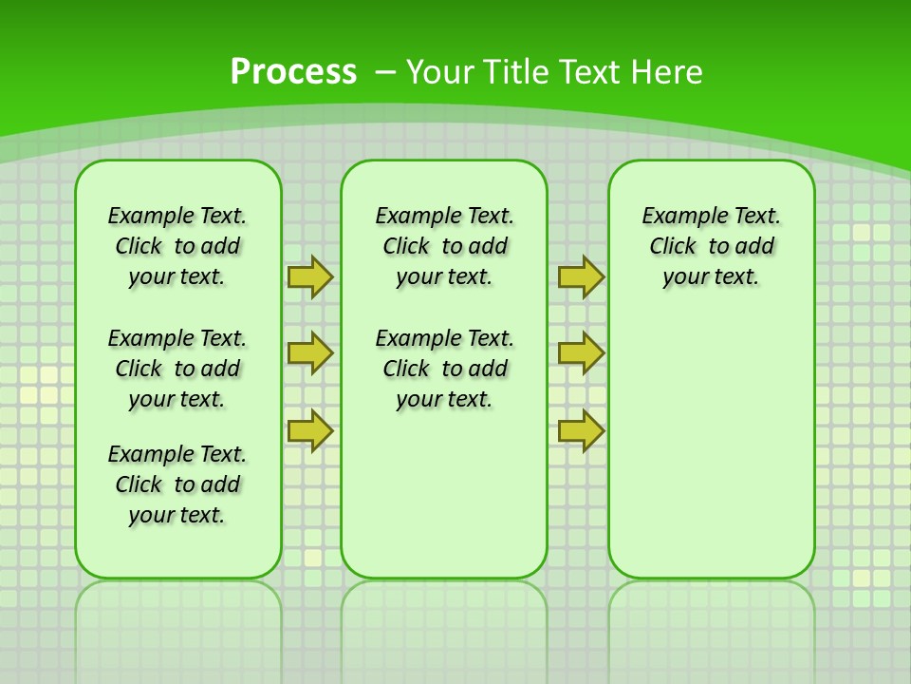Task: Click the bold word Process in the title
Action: click(293, 72)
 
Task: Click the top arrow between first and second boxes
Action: click(309, 276)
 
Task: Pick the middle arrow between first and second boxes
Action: click(309, 353)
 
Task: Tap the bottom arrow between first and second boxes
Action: click(309, 430)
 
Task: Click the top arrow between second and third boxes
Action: click(581, 276)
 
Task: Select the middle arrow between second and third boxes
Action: click(581, 353)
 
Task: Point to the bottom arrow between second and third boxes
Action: click(581, 430)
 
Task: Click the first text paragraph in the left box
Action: click(177, 246)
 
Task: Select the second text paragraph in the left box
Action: click(177, 369)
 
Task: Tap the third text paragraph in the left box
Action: click(177, 484)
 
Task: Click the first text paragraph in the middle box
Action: click(444, 246)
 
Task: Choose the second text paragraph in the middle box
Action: click(444, 369)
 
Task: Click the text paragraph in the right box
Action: click(711, 246)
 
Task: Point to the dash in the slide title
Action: click(386, 72)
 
